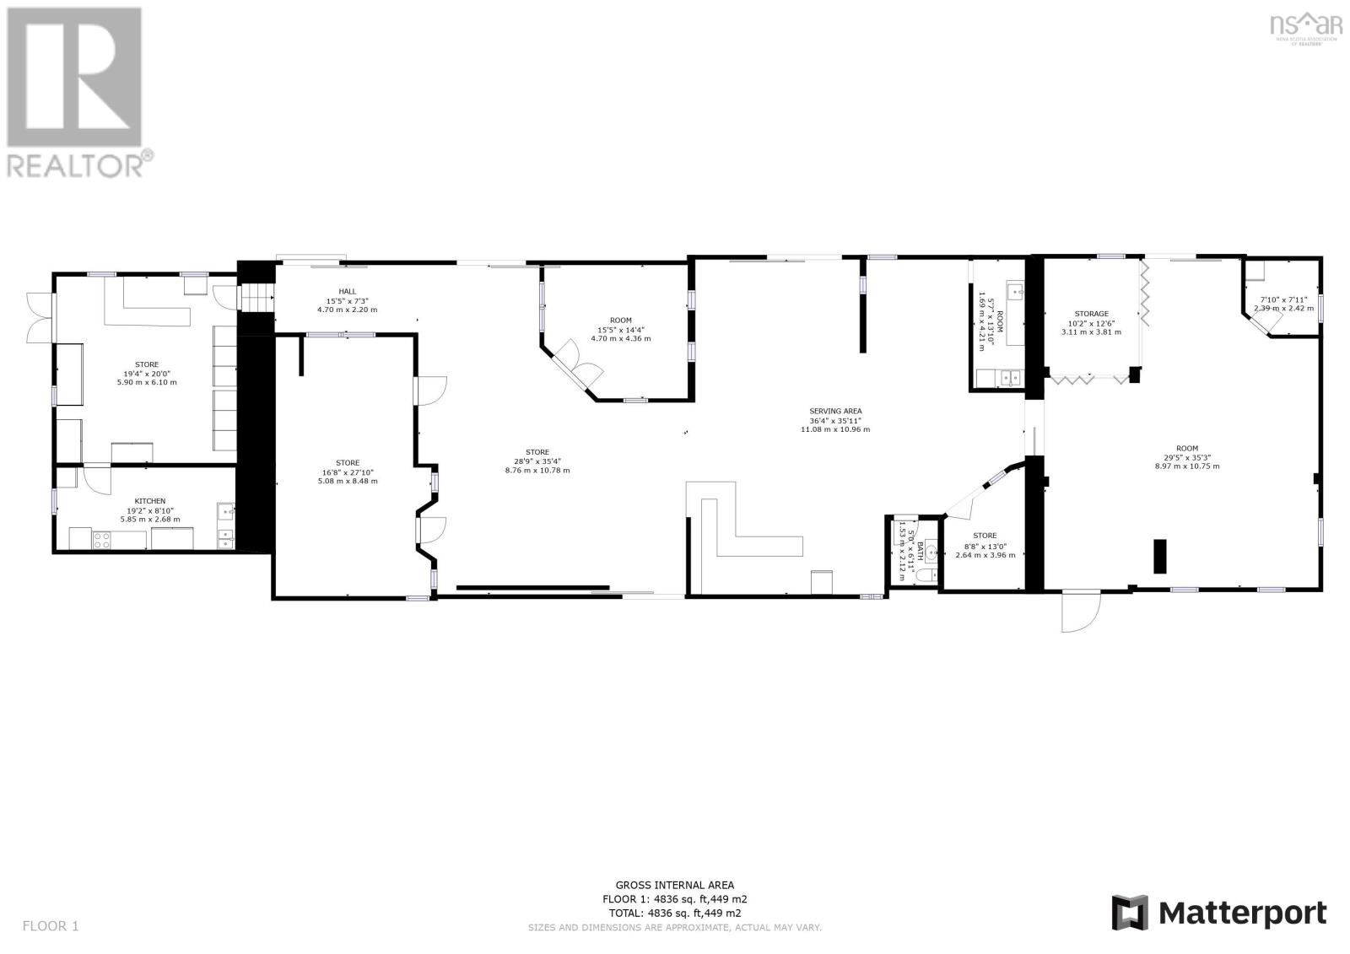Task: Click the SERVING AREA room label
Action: (835, 412)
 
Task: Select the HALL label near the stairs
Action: (347, 291)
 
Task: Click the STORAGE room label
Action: (1091, 314)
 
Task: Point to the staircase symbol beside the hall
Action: (258, 298)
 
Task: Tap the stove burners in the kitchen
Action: (101, 540)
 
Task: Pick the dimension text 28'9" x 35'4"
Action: (537, 461)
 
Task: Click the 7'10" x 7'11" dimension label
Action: (1283, 299)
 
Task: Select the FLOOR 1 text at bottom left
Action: (51, 926)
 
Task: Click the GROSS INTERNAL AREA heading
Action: (674, 885)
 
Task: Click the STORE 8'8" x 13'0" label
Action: (985, 536)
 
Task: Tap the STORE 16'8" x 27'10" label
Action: (348, 463)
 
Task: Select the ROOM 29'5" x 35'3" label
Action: (1186, 449)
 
